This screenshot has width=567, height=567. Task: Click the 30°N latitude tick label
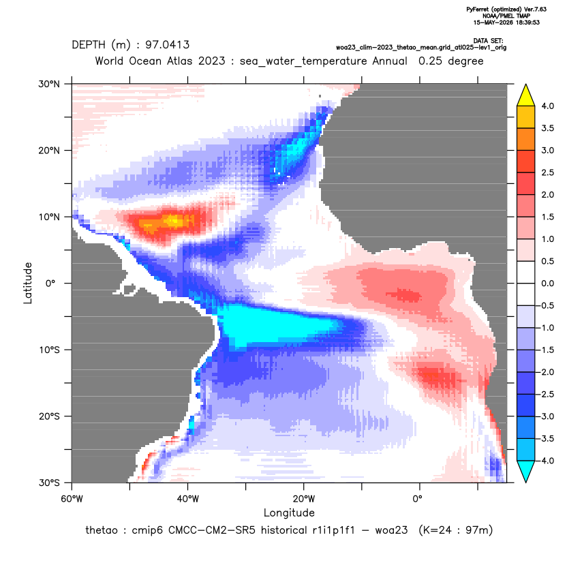click(49, 84)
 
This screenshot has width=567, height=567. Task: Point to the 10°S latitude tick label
click(49, 350)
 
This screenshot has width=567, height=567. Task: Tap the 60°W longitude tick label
click(72, 499)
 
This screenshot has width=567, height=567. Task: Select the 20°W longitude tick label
click(303, 499)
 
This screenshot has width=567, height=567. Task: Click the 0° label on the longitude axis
click(417, 499)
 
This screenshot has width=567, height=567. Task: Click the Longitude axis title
click(289, 512)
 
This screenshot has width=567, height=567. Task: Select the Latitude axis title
click(28, 283)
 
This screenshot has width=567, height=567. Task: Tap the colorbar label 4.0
click(547, 106)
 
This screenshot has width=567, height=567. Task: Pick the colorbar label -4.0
click(546, 461)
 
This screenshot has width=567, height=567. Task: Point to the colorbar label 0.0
click(547, 283)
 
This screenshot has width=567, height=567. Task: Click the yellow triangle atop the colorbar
click(526, 95)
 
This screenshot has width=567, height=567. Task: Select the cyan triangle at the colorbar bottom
click(526, 472)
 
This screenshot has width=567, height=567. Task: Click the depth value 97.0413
click(168, 45)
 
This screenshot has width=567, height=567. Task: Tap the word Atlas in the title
click(179, 61)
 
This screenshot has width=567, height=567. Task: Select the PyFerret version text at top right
click(506, 10)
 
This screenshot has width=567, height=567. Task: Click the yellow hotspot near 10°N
click(173, 220)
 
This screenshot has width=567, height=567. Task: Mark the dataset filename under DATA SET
click(421, 48)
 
